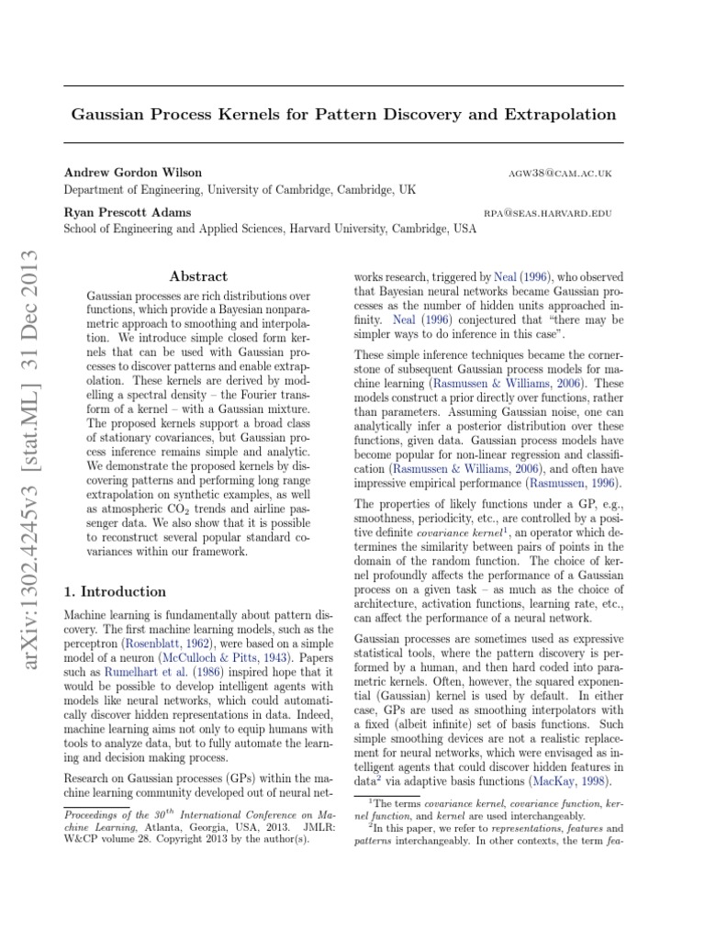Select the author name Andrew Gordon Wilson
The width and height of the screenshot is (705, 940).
(133, 173)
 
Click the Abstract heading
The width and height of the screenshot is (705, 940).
(199, 276)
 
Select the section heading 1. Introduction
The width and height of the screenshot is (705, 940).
(115, 591)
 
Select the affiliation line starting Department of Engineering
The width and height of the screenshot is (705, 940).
(239, 189)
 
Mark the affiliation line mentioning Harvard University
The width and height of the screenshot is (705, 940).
(269, 229)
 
